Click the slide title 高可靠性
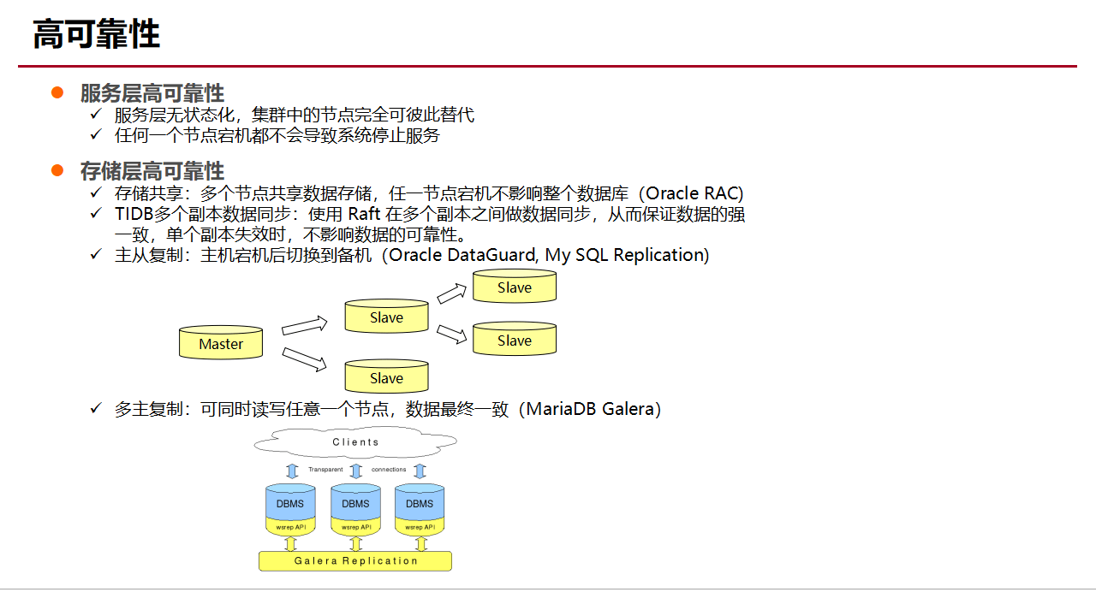click(x=96, y=35)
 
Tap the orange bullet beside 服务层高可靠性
click(x=57, y=92)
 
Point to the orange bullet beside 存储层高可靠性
click(x=57, y=170)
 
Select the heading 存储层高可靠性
click(x=152, y=171)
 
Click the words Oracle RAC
click(x=694, y=193)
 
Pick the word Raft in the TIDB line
click(x=364, y=214)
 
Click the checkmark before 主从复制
click(x=97, y=255)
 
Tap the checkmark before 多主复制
click(x=97, y=409)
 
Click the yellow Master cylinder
click(x=221, y=343)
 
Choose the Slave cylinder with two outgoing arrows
click(x=386, y=317)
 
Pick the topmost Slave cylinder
click(x=515, y=287)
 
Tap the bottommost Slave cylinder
click(x=386, y=377)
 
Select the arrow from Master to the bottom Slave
click(x=305, y=359)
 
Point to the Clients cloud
click(x=355, y=442)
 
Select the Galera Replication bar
click(x=355, y=561)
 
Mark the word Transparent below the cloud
click(x=325, y=470)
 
